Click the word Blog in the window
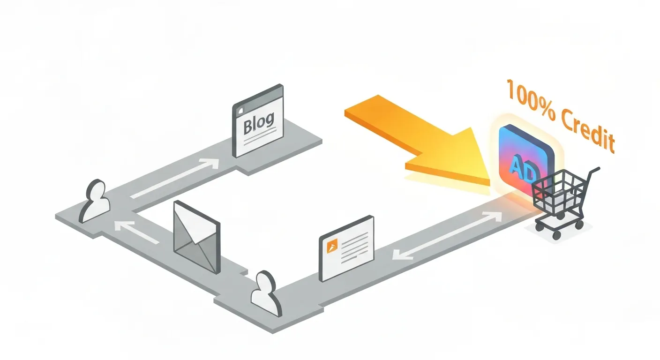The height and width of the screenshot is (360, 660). tap(259, 122)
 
